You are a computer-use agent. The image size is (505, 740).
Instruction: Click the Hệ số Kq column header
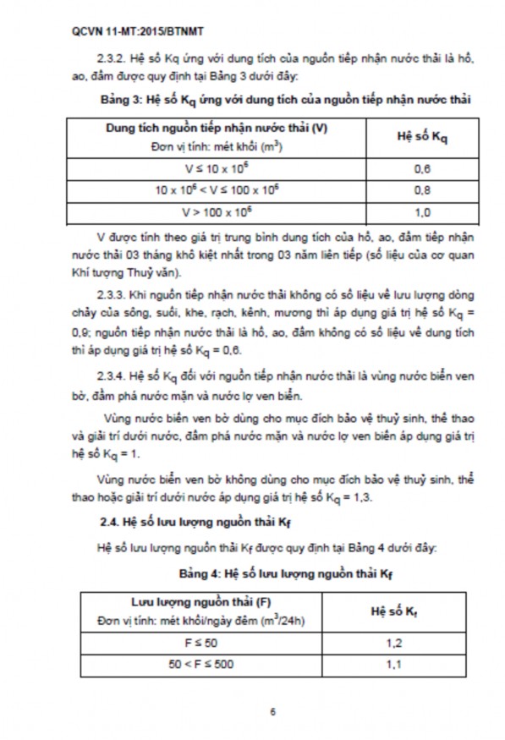pos(422,137)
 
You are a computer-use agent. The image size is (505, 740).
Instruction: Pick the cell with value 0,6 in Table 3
pos(422,168)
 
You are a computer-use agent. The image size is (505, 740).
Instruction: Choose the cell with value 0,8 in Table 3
pos(422,190)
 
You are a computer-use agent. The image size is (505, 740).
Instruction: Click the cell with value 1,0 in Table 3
pos(422,212)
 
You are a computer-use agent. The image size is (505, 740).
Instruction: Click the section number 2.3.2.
pos(116,60)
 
